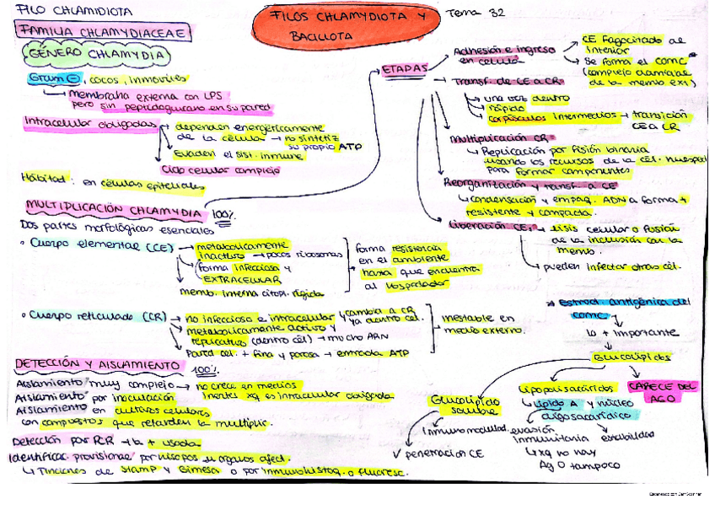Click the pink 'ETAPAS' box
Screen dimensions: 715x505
[404, 68]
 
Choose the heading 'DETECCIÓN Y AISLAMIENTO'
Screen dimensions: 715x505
[98, 365]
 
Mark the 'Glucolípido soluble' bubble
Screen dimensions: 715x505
[465, 404]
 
